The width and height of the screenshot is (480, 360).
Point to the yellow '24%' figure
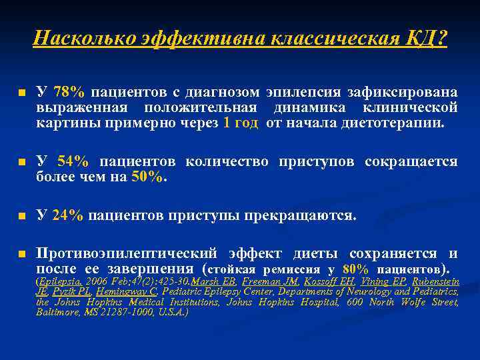(x=68, y=215)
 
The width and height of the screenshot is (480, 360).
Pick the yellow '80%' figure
(x=355, y=269)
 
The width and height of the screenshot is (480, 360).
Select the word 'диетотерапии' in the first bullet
(x=394, y=123)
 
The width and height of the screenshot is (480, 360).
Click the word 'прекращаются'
(x=309, y=215)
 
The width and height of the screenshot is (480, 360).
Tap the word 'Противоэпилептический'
(x=127, y=253)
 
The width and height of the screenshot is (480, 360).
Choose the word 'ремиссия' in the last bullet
(x=294, y=269)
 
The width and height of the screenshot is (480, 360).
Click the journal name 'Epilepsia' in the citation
(x=57, y=281)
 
